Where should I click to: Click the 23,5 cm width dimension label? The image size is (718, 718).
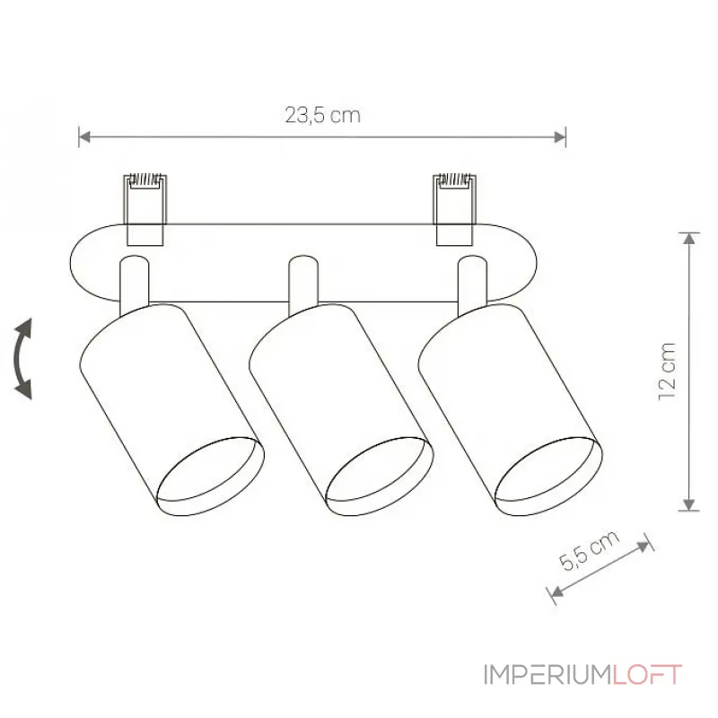(322, 115)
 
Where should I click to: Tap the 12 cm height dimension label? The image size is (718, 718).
(667, 371)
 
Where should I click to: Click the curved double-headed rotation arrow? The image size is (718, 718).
(24, 358)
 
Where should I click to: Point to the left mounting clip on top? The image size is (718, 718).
(144, 207)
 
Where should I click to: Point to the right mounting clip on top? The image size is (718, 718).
(454, 207)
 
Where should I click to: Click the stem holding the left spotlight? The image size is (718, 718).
(133, 283)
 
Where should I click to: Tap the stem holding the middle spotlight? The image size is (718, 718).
(301, 283)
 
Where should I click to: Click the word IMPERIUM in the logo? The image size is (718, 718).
(547, 675)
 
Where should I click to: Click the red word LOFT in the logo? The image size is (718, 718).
(647, 675)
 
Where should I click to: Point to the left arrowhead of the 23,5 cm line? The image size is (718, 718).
(83, 137)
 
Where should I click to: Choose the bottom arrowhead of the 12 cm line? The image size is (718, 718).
(688, 504)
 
